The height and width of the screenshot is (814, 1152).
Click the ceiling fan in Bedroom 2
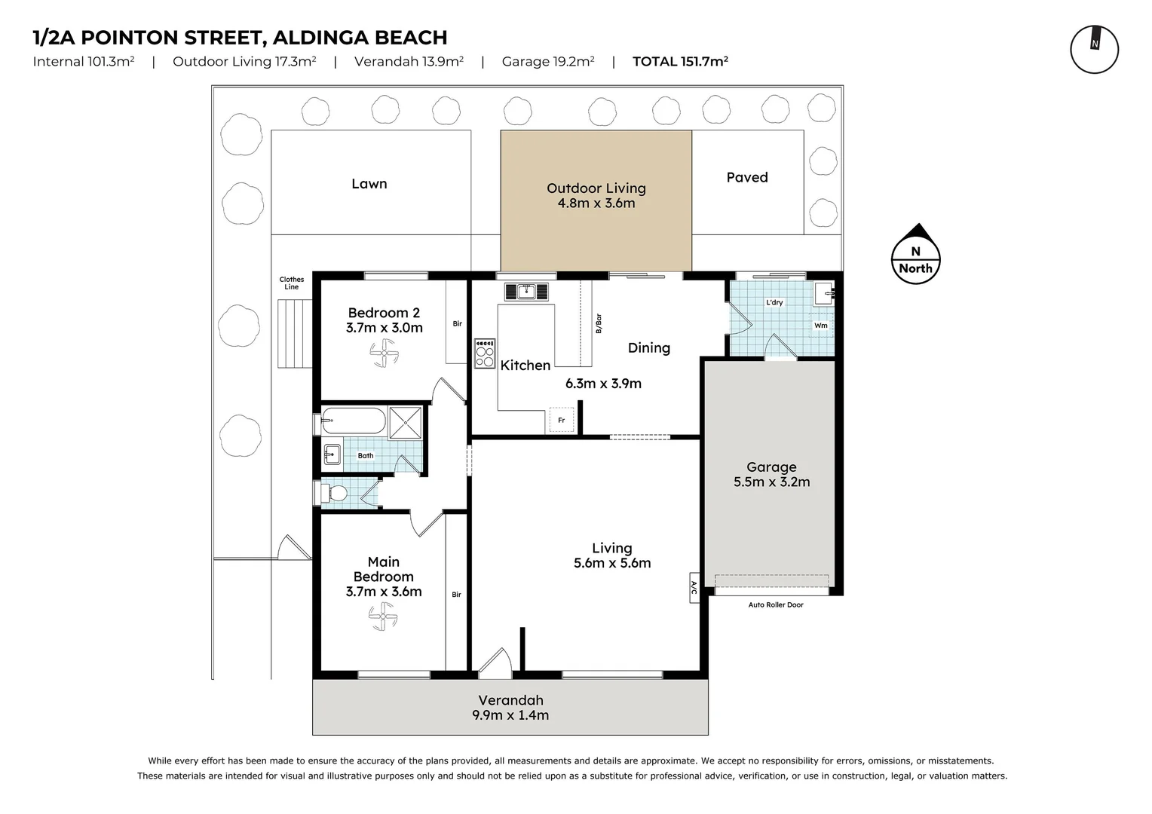pos(384,353)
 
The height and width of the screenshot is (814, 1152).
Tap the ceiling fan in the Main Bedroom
pos(383,616)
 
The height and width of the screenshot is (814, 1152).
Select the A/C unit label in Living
pos(694,587)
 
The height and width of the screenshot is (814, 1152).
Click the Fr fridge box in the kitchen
pos(562,420)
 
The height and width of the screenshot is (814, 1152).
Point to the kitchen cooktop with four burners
pos(485,353)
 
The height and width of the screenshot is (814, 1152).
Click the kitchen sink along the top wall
pos(526,292)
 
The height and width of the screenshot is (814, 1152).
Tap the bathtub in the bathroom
pos(354,421)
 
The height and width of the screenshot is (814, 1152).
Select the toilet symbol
pos(333,494)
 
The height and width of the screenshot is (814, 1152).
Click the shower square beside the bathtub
pos(406,423)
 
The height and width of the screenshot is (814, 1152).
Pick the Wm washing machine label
pos(821,326)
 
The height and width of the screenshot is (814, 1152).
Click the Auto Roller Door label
pos(776,604)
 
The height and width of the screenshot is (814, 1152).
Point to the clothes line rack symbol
pos(295,334)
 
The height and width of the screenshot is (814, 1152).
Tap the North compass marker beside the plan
pos(915,254)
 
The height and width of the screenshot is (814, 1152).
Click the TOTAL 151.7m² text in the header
pos(680,61)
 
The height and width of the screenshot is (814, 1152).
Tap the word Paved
pos(746,177)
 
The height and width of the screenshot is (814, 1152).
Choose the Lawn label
pos(369,184)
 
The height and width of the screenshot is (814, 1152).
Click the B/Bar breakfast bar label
pos(599,323)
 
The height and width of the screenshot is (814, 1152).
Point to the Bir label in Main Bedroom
pos(456,595)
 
